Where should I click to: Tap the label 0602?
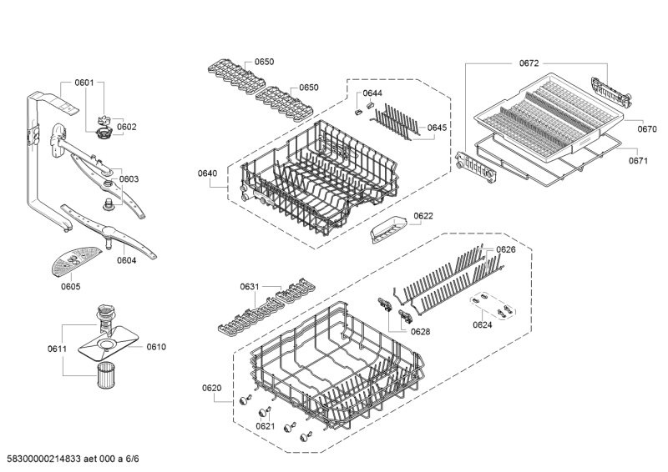[127, 127]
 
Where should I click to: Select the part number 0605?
[71, 287]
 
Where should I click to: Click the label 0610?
[156, 346]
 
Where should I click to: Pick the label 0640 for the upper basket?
[207, 173]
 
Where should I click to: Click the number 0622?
[423, 215]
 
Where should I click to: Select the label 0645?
[438, 128]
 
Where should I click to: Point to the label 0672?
[529, 63]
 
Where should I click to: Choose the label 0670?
[647, 129]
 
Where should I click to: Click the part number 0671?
[638, 160]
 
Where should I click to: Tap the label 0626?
[506, 249]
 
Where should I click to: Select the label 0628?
[420, 331]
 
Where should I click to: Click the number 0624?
[483, 324]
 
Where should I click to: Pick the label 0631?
[250, 287]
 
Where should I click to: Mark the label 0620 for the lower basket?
[211, 388]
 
